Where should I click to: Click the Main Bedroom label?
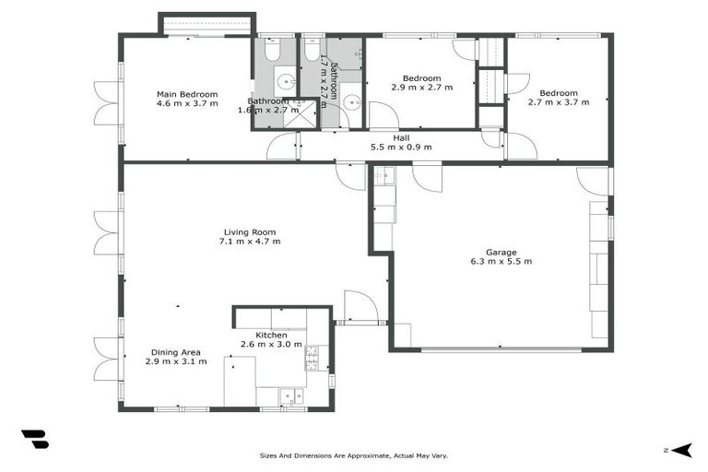click(187, 94)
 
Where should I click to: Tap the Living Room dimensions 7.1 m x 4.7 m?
click(249, 242)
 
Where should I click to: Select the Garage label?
click(501, 252)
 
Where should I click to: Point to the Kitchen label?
click(258, 335)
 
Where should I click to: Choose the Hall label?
click(401, 137)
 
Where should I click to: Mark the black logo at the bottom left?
click(35, 440)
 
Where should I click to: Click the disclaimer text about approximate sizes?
click(353, 455)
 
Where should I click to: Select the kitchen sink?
click(291, 396)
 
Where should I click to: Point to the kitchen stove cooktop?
click(312, 356)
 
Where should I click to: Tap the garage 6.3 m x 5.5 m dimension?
click(501, 262)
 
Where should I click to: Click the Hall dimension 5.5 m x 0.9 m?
click(401, 147)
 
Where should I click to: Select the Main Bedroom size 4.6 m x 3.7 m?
click(187, 103)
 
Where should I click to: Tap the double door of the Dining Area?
click(107, 359)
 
